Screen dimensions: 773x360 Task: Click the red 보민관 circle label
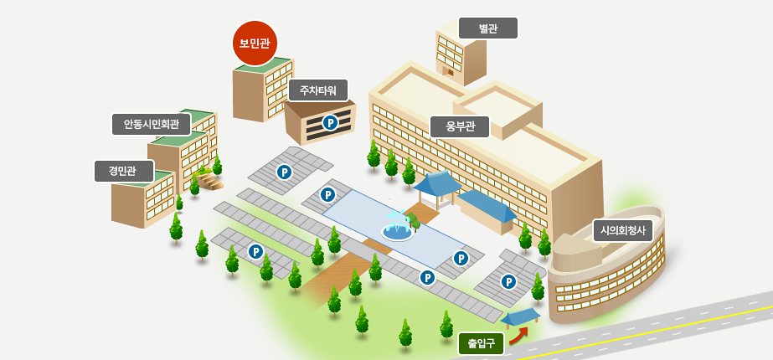[x=255, y=44]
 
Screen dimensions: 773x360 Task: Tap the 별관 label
[x=488, y=28]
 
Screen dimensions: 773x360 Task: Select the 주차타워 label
[x=318, y=90]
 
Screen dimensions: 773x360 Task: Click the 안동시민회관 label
[x=152, y=124]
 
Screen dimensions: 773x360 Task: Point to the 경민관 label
[x=124, y=171]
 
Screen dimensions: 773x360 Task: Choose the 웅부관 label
[x=460, y=126]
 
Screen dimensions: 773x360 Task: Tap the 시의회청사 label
[x=622, y=230]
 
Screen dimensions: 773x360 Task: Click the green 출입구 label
[x=481, y=344]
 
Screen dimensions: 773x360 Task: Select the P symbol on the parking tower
[x=329, y=123]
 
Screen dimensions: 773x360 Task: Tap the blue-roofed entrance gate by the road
[x=521, y=317]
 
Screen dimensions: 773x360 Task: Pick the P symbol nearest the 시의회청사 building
[x=508, y=282]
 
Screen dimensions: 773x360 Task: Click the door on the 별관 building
[x=450, y=71]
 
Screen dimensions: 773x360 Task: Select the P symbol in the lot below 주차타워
[x=285, y=172]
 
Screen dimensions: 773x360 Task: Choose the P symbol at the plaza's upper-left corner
[x=327, y=195]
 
